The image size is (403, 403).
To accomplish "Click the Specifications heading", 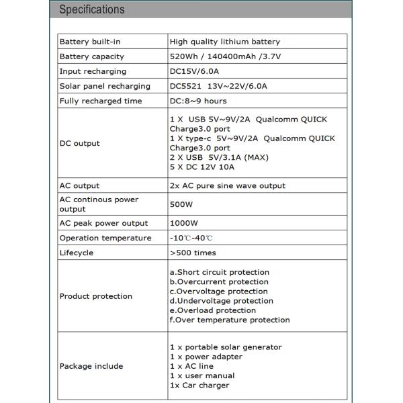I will coord(92,9).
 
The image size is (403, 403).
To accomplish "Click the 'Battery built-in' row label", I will coord(91,42).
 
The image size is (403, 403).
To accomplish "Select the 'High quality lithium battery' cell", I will coord(225,42).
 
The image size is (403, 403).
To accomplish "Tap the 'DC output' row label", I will coord(79,143).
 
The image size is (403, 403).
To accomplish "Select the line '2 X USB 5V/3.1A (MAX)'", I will coord(219,157).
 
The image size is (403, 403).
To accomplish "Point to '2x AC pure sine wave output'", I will coord(227,185).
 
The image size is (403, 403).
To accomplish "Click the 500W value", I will coord(181,204).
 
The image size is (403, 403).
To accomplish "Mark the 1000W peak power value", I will coord(183,223).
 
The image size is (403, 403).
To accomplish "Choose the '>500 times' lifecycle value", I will coord(193,253).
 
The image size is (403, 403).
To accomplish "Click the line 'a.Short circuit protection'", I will coord(219,272).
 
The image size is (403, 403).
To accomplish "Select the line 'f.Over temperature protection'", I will coord(229,320).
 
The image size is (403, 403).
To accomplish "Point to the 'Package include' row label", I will coord(91,366).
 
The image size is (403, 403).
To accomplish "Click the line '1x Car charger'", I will coord(199,385).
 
